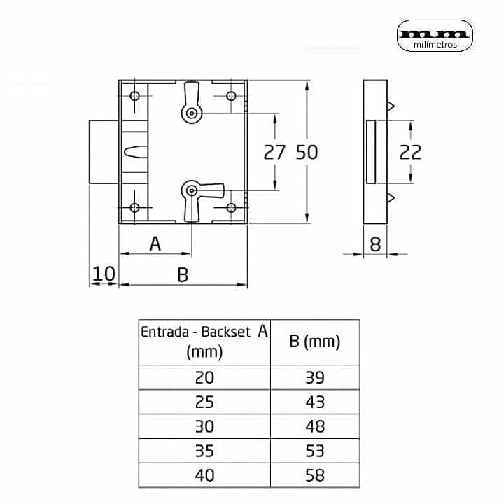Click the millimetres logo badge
coord(435,36)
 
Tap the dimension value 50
coord(307,152)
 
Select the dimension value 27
coord(274,152)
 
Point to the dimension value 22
coord(410,152)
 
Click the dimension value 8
coord(375,244)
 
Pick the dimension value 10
coord(104,274)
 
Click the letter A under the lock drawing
coord(155,244)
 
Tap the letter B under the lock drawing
coord(183,275)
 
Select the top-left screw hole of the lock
coord(134,96)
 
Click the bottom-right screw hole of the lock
coord(231,208)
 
